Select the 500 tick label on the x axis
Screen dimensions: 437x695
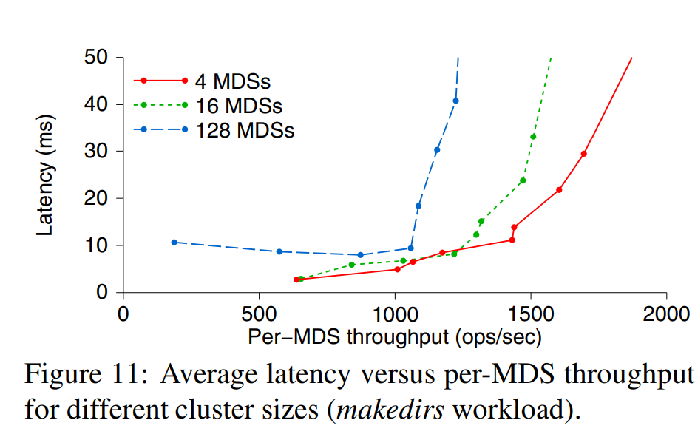pyautogui.click(x=259, y=313)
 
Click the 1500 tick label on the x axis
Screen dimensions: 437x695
pyautogui.click(x=530, y=313)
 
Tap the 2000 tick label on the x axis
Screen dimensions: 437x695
pyautogui.click(x=665, y=313)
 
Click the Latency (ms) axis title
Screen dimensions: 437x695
pyautogui.click(x=47, y=175)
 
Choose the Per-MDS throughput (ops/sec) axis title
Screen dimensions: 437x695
pyautogui.click(x=395, y=337)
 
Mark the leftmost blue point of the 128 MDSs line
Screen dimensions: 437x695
pyautogui.click(x=174, y=242)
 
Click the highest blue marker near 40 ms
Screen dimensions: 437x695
pyautogui.click(x=455, y=101)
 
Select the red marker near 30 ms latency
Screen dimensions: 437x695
pyautogui.click(x=583, y=154)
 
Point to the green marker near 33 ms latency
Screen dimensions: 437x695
pyautogui.click(x=533, y=137)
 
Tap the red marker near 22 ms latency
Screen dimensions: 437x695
pyautogui.click(x=559, y=190)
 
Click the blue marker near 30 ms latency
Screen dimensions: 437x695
pyautogui.click(x=437, y=150)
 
